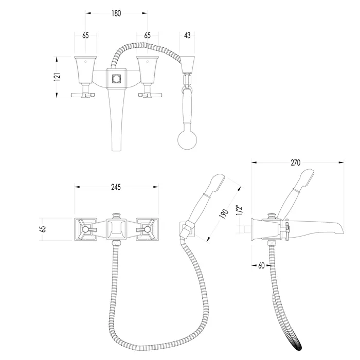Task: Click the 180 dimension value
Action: tap(116, 13)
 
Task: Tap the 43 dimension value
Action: tap(187, 35)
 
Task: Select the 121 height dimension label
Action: tap(57, 77)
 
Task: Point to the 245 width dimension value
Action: tap(116, 187)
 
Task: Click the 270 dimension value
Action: tap(295, 163)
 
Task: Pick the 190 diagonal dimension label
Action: tap(224, 214)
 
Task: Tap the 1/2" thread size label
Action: tap(239, 210)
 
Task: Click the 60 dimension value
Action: tap(261, 265)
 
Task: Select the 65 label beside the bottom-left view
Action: tap(43, 229)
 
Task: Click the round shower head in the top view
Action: tap(187, 140)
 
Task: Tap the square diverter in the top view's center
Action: tap(116, 79)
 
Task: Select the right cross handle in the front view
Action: tap(146, 229)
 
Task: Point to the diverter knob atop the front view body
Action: tap(116, 216)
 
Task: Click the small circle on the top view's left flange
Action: tap(86, 61)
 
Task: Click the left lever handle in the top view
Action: tap(83, 95)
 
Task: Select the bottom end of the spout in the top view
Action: tap(116, 150)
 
